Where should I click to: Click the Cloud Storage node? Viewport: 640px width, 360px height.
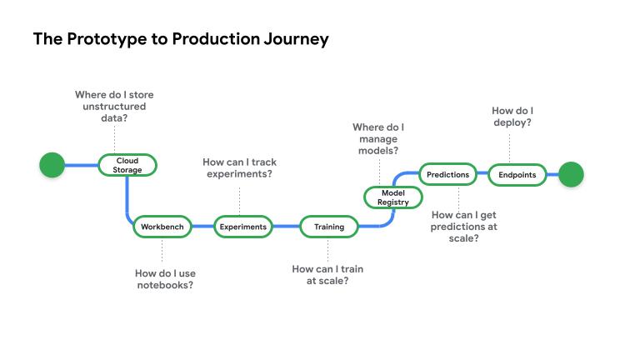point(127,165)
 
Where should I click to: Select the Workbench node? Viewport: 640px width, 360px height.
point(162,227)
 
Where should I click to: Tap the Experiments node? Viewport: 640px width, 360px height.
point(242,227)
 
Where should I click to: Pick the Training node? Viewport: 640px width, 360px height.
point(328,227)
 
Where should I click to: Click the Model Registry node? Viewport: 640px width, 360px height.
point(392,197)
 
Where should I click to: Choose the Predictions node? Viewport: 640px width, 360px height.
point(447,175)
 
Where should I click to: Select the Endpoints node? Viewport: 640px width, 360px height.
point(517,175)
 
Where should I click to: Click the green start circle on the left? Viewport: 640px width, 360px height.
point(52,165)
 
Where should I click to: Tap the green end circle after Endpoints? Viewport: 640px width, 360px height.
point(571,175)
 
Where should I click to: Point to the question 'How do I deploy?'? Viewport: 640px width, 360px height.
point(512,116)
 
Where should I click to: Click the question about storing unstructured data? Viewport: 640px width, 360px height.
point(114,107)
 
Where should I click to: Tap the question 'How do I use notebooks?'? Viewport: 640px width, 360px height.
point(165,278)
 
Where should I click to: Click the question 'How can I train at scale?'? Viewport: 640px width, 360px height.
point(327,275)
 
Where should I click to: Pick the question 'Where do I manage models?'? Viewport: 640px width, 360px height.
point(377,139)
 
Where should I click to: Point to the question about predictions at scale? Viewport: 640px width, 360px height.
point(464,226)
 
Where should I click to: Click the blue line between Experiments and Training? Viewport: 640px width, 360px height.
point(286,227)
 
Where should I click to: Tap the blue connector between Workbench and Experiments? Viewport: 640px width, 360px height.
point(202,227)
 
